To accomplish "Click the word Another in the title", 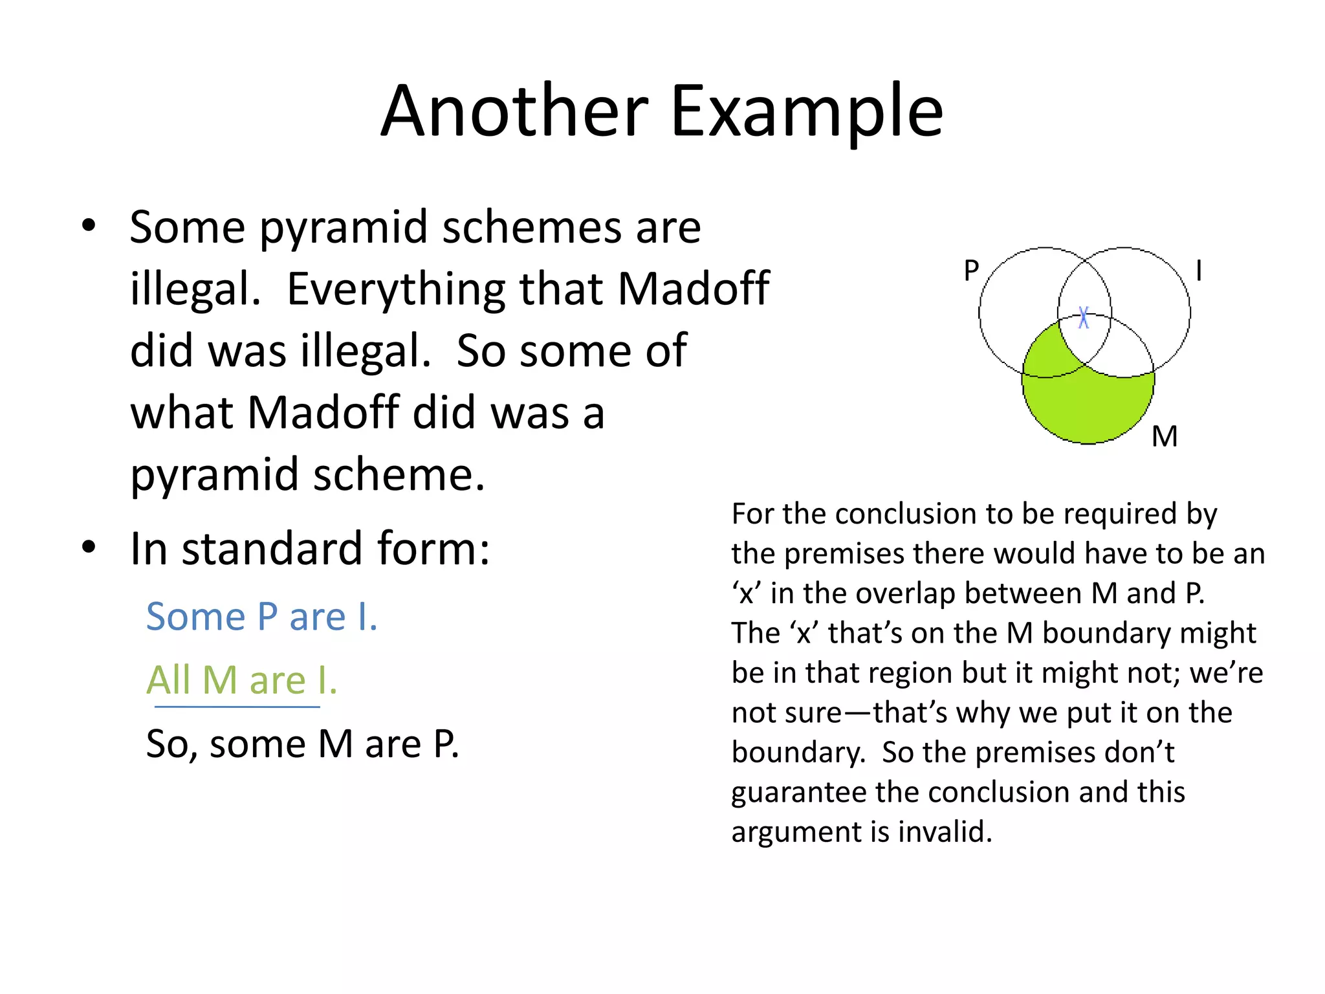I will coord(514,111).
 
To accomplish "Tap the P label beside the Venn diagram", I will coord(971,271).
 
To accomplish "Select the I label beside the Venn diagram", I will coord(1199,271).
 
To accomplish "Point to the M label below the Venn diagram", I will coord(1165,437).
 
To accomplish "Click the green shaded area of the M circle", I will coord(1087,408).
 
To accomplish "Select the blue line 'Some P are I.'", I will coord(261,616).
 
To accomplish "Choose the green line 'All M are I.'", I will coord(241,680).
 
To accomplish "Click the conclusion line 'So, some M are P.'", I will coord(302,744).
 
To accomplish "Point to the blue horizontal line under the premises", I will coord(237,707).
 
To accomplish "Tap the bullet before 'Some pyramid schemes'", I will coord(89,226).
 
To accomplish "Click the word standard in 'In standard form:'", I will coord(272,549).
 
